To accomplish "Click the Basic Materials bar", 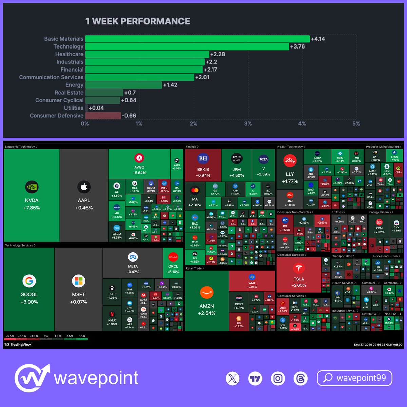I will tap(197, 39).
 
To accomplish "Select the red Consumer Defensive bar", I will tap(103, 116).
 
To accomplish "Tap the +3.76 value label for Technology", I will tap(297, 46).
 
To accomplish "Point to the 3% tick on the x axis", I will tap(248, 124).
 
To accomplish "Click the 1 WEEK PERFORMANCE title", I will tap(138, 21).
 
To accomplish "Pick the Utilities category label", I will tap(74, 108).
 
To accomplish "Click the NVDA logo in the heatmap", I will tap(32, 187).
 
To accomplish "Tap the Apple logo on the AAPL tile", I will tap(84, 187).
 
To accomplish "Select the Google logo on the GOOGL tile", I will tap(29, 281).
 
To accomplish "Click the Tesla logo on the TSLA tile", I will tap(299, 268).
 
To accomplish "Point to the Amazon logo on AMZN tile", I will tap(207, 292).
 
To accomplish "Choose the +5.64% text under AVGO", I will tap(139, 173).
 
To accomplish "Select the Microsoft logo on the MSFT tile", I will tap(78, 281).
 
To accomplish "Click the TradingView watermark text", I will tap(18, 345).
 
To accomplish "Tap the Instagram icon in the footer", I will tap(278, 378).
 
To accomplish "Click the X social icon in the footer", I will tap(233, 378).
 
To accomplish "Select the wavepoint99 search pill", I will tap(354, 378).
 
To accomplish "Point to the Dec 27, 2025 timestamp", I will tap(378, 345).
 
